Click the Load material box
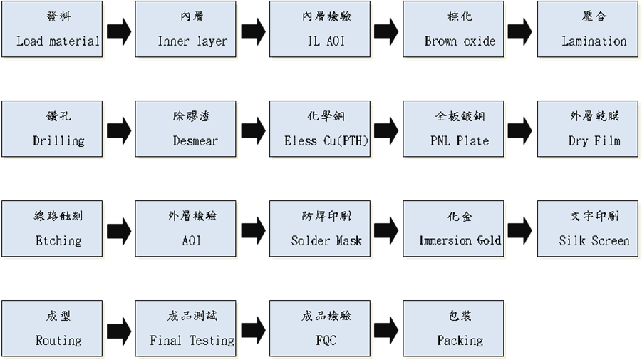pyautogui.click(x=51, y=29)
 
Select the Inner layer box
pyautogui.click(x=185, y=29)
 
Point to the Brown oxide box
pyautogui.click(x=453, y=29)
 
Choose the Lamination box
pyautogui.click(x=587, y=29)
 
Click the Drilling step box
pyautogui.click(x=51, y=129)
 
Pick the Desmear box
pyautogui.click(x=185, y=129)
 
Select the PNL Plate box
pyautogui.click(x=453, y=129)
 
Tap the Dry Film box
pyautogui.click(x=587, y=129)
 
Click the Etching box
pyautogui.click(x=51, y=229)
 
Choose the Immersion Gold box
pyautogui.click(x=453, y=229)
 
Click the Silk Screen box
pyautogui.click(x=587, y=229)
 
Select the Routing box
pyautogui.click(x=51, y=329)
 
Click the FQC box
pyautogui.click(x=319, y=329)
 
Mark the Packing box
pyautogui.click(x=453, y=329)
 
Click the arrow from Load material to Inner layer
pyautogui.click(x=118, y=31)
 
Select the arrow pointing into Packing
pyautogui.click(x=386, y=330)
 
